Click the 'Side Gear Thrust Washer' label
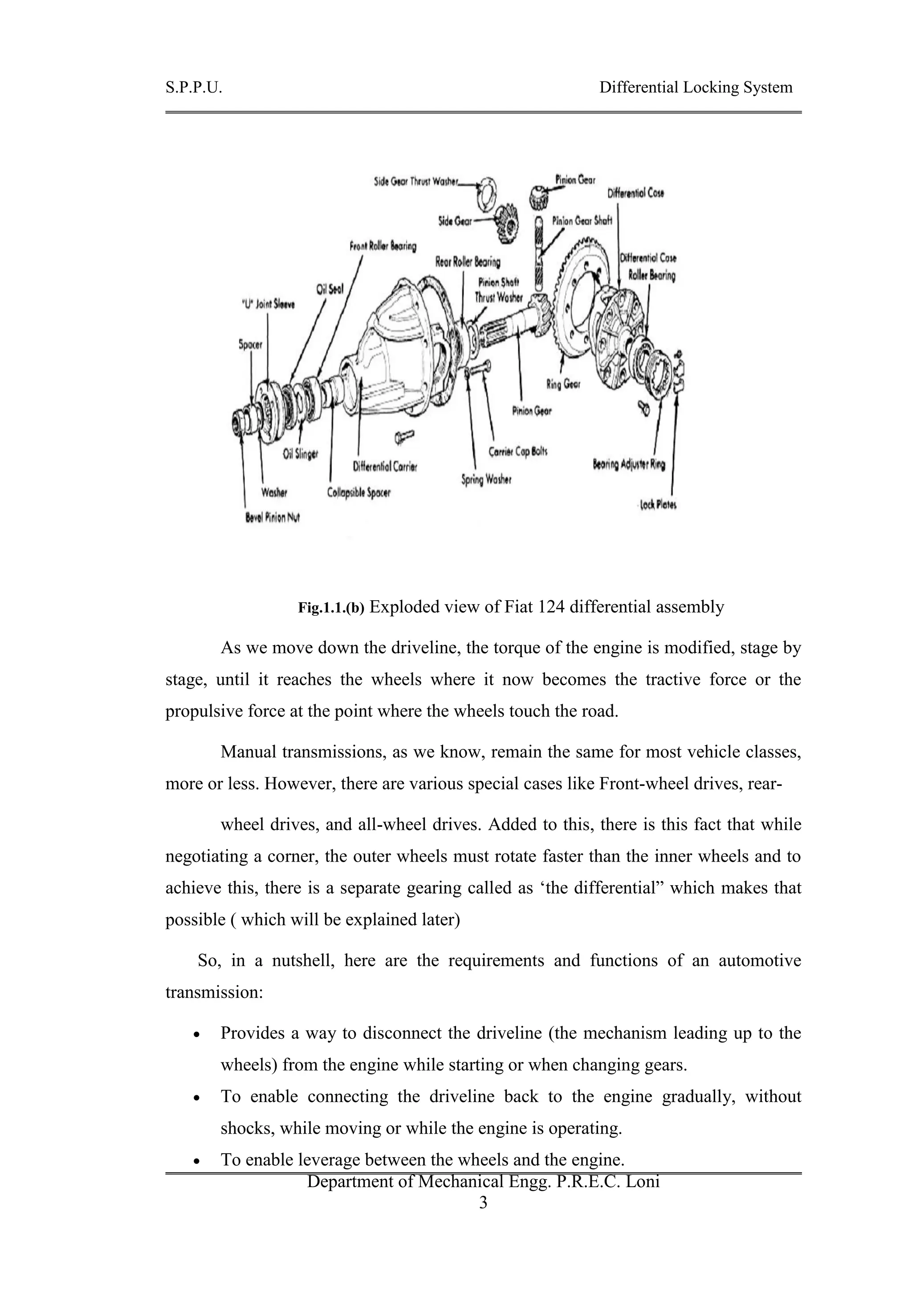pos(416,182)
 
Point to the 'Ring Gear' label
pos(563,385)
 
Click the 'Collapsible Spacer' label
pos(359,493)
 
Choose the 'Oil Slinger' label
pos(301,454)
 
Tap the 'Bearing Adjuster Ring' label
pos(629,464)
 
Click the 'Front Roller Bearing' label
pos(383,247)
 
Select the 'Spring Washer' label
pos(486,480)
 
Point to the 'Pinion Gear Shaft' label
pos(582,221)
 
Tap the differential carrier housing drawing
pos(393,348)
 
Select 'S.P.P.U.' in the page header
pos(194,88)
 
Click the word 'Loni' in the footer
pos(642,1181)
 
